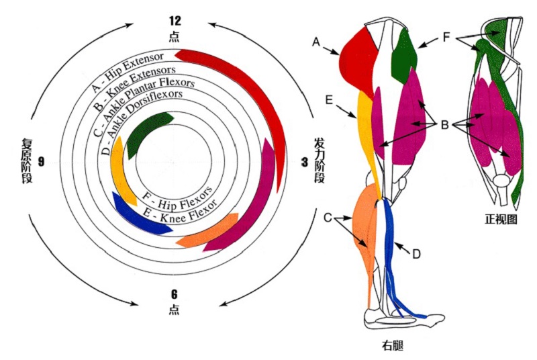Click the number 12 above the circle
pyautogui.click(x=175, y=21)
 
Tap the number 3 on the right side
pyautogui.click(x=304, y=162)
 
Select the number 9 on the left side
pyautogui.click(x=41, y=162)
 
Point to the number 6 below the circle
pyautogui.click(x=175, y=294)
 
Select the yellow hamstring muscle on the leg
pyautogui.click(x=367, y=134)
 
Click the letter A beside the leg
pyautogui.click(x=316, y=42)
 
